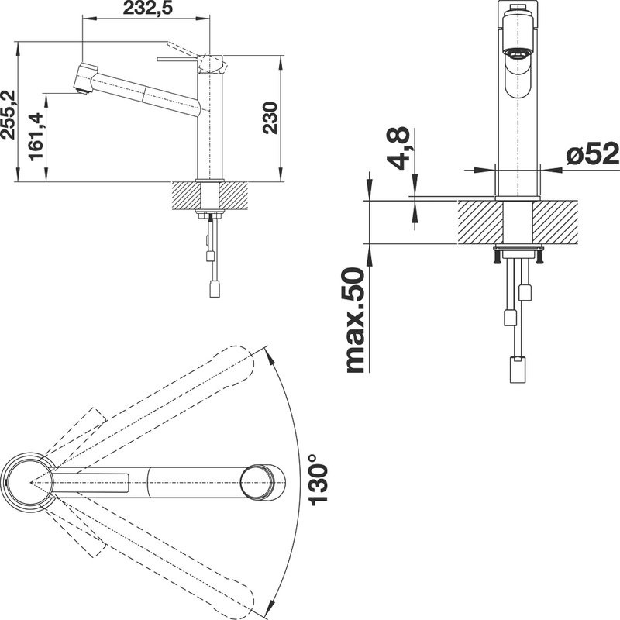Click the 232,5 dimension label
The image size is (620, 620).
point(146,9)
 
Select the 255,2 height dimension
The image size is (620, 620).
point(9,112)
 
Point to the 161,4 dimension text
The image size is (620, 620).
point(36,136)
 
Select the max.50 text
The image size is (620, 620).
point(354,319)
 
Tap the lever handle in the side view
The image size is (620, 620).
point(180,58)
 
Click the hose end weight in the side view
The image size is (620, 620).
point(215,289)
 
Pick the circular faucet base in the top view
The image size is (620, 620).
point(29,481)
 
